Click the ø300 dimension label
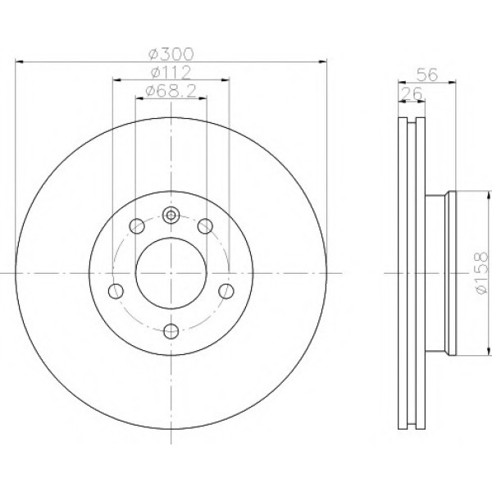(x=171, y=54)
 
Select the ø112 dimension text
(x=171, y=73)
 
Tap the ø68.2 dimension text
(x=171, y=91)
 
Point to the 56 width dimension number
(x=426, y=75)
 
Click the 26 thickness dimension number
(x=412, y=93)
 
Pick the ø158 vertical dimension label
(x=482, y=273)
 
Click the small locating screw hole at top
(x=171, y=215)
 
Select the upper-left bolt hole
(x=137, y=226)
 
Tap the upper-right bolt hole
(x=205, y=226)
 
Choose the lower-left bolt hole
(x=116, y=291)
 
